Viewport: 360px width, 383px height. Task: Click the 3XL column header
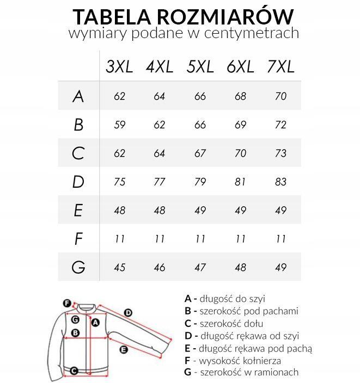pyautogui.click(x=119, y=66)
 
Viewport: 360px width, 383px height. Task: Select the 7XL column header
pyautogui.click(x=280, y=66)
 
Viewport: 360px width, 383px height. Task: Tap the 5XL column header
pyautogui.click(x=200, y=66)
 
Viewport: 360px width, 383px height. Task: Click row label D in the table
pyautogui.click(x=78, y=182)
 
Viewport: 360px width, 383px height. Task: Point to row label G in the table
pyautogui.click(x=78, y=267)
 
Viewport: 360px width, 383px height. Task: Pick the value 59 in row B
pyautogui.click(x=120, y=125)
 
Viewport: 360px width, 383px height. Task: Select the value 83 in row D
pyautogui.click(x=280, y=182)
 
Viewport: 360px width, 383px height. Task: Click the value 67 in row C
pyautogui.click(x=200, y=153)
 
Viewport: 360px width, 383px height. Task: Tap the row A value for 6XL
pyautogui.click(x=240, y=96)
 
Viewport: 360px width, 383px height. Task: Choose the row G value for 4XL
pyautogui.click(x=160, y=267)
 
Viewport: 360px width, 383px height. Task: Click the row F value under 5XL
pyautogui.click(x=200, y=238)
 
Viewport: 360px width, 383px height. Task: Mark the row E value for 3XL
pyautogui.click(x=120, y=210)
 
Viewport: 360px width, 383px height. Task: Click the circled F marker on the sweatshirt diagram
pyautogui.click(x=67, y=303)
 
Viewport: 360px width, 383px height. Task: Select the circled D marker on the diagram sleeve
pyautogui.click(x=129, y=312)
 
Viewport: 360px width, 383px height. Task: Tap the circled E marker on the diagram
pyautogui.click(x=124, y=349)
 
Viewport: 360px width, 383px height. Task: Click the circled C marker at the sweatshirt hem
pyautogui.click(x=75, y=371)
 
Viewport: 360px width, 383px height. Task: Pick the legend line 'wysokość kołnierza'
pyautogui.click(x=241, y=360)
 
